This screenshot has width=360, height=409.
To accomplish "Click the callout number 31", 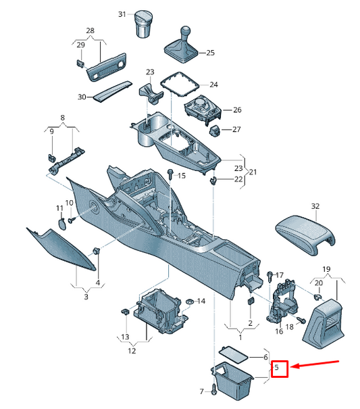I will pyautogui.click(x=122, y=14).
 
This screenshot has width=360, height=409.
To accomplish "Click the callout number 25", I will pyautogui.click(x=210, y=53).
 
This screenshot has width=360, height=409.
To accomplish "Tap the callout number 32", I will pyautogui.click(x=315, y=206).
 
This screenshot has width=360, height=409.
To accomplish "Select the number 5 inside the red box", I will pyautogui.click(x=277, y=369).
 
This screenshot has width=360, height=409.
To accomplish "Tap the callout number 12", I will pyautogui.click(x=132, y=351).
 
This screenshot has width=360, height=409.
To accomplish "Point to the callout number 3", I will pyautogui.click(x=86, y=296).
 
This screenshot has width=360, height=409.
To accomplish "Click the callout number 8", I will pyautogui.click(x=63, y=117).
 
